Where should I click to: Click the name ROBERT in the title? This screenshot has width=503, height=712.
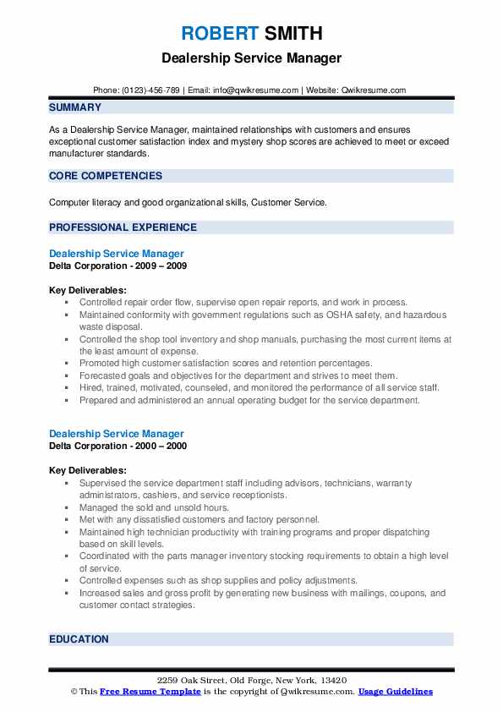(219, 34)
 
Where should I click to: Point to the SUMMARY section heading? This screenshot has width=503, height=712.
(75, 107)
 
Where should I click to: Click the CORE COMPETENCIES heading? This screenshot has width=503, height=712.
(106, 176)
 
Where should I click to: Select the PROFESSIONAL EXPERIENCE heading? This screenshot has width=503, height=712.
(123, 227)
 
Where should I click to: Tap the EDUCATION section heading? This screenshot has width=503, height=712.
(79, 639)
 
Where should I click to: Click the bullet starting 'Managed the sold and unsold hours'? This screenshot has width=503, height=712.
(154, 507)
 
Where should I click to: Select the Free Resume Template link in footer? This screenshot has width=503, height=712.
(150, 692)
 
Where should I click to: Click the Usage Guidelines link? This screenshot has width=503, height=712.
(395, 692)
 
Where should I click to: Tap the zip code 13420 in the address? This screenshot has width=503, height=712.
(334, 681)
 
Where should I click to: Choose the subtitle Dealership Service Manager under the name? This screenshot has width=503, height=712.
(251, 58)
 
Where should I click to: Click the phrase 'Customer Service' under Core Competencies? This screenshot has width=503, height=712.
(287, 203)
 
